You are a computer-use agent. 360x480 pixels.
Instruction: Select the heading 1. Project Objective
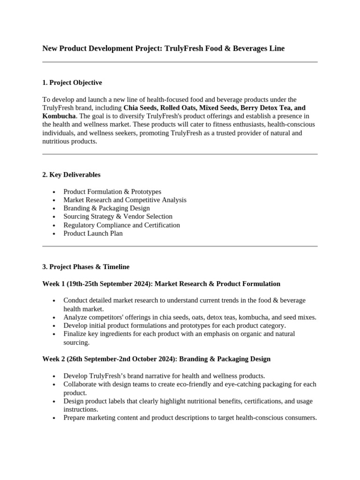[72, 82]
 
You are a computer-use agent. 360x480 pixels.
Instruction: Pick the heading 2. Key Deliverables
[71, 174]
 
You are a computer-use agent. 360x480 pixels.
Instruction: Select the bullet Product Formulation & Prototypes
[112, 192]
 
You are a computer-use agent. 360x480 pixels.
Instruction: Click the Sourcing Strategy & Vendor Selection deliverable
[118, 217]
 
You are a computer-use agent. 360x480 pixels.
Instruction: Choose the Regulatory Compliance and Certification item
[121, 225]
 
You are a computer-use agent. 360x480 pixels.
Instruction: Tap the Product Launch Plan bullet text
[93, 233]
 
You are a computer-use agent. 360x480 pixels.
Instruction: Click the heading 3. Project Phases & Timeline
[86, 267]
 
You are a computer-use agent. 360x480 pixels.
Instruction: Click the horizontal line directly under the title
[180, 62]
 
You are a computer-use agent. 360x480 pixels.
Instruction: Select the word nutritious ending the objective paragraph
[57, 142]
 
